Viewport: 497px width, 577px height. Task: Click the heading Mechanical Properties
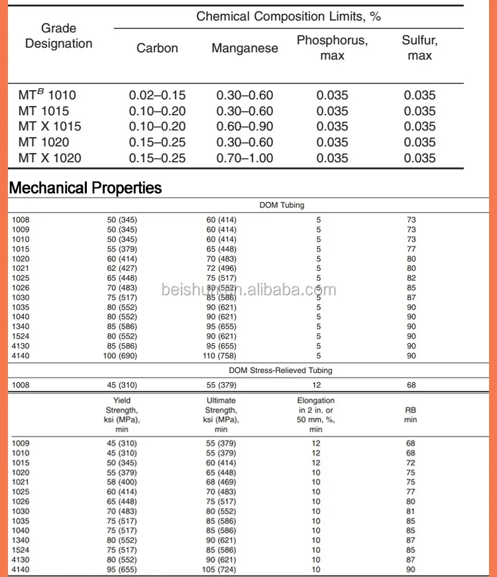pos(85,187)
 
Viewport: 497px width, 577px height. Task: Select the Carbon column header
pos(157,48)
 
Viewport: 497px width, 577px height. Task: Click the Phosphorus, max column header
pos(332,48)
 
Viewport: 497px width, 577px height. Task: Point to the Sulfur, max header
pos(419,48)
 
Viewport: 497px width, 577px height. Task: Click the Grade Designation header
pos(58,36)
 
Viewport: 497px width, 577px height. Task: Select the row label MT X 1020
pos(50,158)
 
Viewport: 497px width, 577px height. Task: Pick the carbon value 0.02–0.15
pos(157,95)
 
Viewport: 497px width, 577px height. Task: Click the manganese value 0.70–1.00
pos(245,158)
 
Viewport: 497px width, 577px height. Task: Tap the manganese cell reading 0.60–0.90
pos(245,127)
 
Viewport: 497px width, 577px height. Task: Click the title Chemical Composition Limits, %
pos(288,17)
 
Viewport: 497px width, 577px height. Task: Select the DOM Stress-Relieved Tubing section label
pos(280,370)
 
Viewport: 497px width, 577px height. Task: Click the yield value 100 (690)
pos(122,356)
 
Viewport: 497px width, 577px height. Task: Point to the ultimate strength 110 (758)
pos(221,356)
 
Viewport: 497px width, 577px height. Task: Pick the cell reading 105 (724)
pos(221,570)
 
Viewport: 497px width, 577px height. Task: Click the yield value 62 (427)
pos(122,268)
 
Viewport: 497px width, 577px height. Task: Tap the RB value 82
pos(411,278)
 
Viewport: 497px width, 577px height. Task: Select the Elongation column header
pos(316,415)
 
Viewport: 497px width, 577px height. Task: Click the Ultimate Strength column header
pos(221,415)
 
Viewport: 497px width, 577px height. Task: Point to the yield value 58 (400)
pos(122,482)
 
